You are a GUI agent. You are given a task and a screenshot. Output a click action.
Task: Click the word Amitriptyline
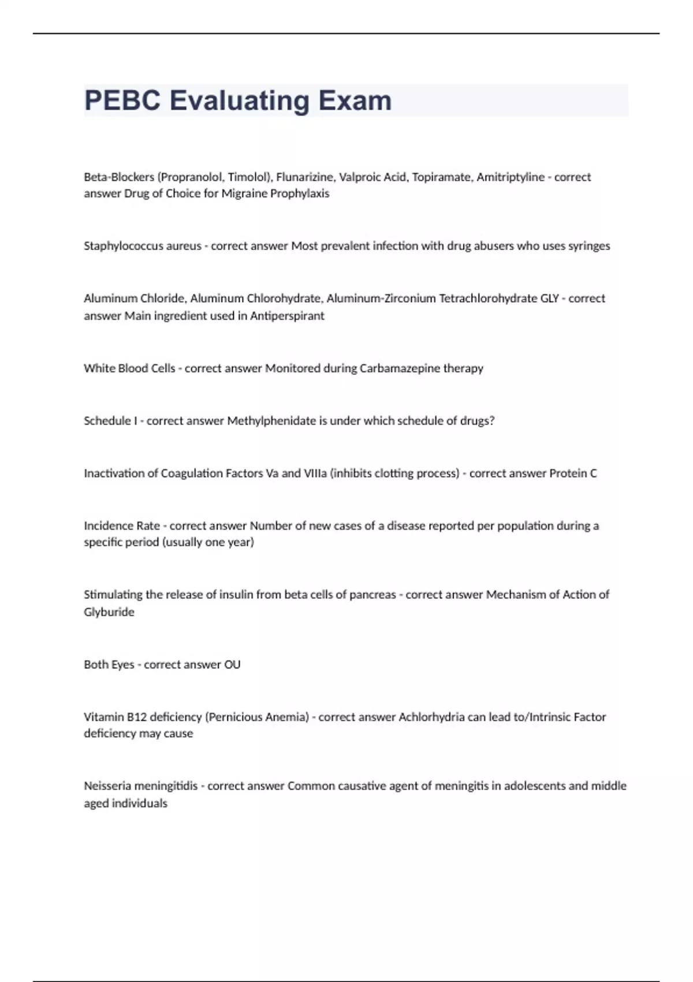point(510,177)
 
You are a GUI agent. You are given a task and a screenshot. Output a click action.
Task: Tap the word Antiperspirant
point(287,316)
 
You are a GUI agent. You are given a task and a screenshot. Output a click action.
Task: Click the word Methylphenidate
point(271,421)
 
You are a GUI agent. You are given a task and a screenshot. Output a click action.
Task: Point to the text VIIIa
point(315,474)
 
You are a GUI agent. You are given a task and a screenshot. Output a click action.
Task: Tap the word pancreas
point(374,595)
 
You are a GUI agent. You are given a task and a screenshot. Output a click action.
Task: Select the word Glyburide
point(109,612)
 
